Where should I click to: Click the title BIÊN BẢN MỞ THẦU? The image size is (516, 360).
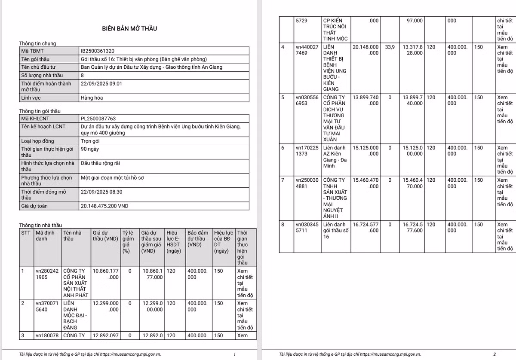[x=129, y=29]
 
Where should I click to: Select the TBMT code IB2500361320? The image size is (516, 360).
[x=98, y=51]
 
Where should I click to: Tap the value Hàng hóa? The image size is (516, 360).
[x=92, y=98]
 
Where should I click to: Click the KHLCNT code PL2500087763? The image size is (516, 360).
[x=98, y=119]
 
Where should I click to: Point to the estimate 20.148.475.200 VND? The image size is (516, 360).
[x=104, y=206]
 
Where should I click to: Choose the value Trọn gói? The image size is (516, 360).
[x=91, y=141]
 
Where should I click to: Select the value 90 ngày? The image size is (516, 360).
[x=90, y=149]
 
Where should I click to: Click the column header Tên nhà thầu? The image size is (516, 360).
[x=72, y=235]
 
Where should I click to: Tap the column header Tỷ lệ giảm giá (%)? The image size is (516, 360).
[x=128, y=241]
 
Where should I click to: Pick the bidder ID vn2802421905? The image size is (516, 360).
[x=47, y=274]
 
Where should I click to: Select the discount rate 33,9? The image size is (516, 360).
[x=390, y=47]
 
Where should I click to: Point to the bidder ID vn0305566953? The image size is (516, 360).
[x=307, y=101]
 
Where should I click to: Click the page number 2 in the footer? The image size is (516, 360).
[x=494, y=354]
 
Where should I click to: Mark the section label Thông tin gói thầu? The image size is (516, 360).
[x=40, y=111]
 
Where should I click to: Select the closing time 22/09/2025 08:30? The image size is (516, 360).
[x=101, y=192]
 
